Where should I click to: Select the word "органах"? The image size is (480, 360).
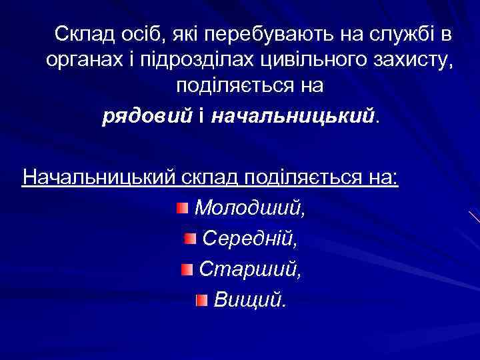pos(79,60)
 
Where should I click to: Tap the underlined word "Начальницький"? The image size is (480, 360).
pos(99,178)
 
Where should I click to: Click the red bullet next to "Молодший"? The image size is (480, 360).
pos(183,209)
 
